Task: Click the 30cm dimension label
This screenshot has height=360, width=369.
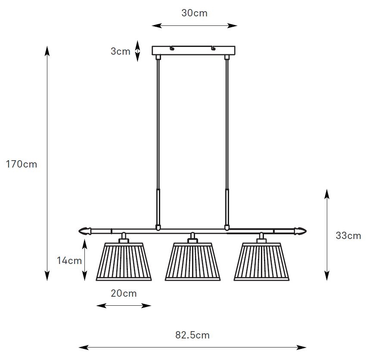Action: click(x=194, y=13)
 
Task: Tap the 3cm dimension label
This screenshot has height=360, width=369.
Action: click(x=121, y=51)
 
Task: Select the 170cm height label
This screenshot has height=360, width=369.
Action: click(x=22, y=164)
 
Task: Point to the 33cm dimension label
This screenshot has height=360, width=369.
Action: click(x=348, y=236)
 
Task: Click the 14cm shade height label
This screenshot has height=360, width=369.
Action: click(x=69, y=261)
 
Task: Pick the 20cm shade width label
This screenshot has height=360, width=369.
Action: click(x=124, y=293)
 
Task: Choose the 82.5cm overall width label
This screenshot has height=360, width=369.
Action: click(x=192, y=335)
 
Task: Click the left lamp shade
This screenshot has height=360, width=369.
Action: click(x=124, y=262)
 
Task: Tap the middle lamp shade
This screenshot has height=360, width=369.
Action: click(x=192, y=262)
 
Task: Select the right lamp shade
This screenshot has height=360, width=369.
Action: click(x=261, y=262)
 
